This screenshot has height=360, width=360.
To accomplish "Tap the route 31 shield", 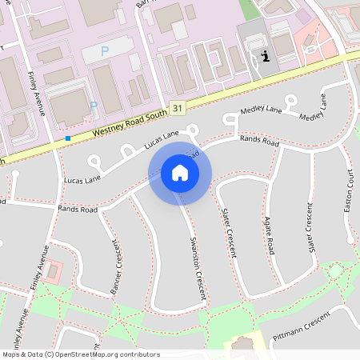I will click(178, 106).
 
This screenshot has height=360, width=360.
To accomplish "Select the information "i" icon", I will click(265, 56).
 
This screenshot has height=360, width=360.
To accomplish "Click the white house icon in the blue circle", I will click(180, 173).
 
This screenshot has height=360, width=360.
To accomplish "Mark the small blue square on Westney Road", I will click(68, 138).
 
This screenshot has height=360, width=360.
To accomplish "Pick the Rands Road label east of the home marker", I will click(259, 142).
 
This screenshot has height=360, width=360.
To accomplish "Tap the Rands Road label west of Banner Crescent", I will click(78, 210).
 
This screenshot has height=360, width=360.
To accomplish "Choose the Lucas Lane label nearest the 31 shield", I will click(162, 140).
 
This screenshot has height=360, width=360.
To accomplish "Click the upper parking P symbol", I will click(105, 50).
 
